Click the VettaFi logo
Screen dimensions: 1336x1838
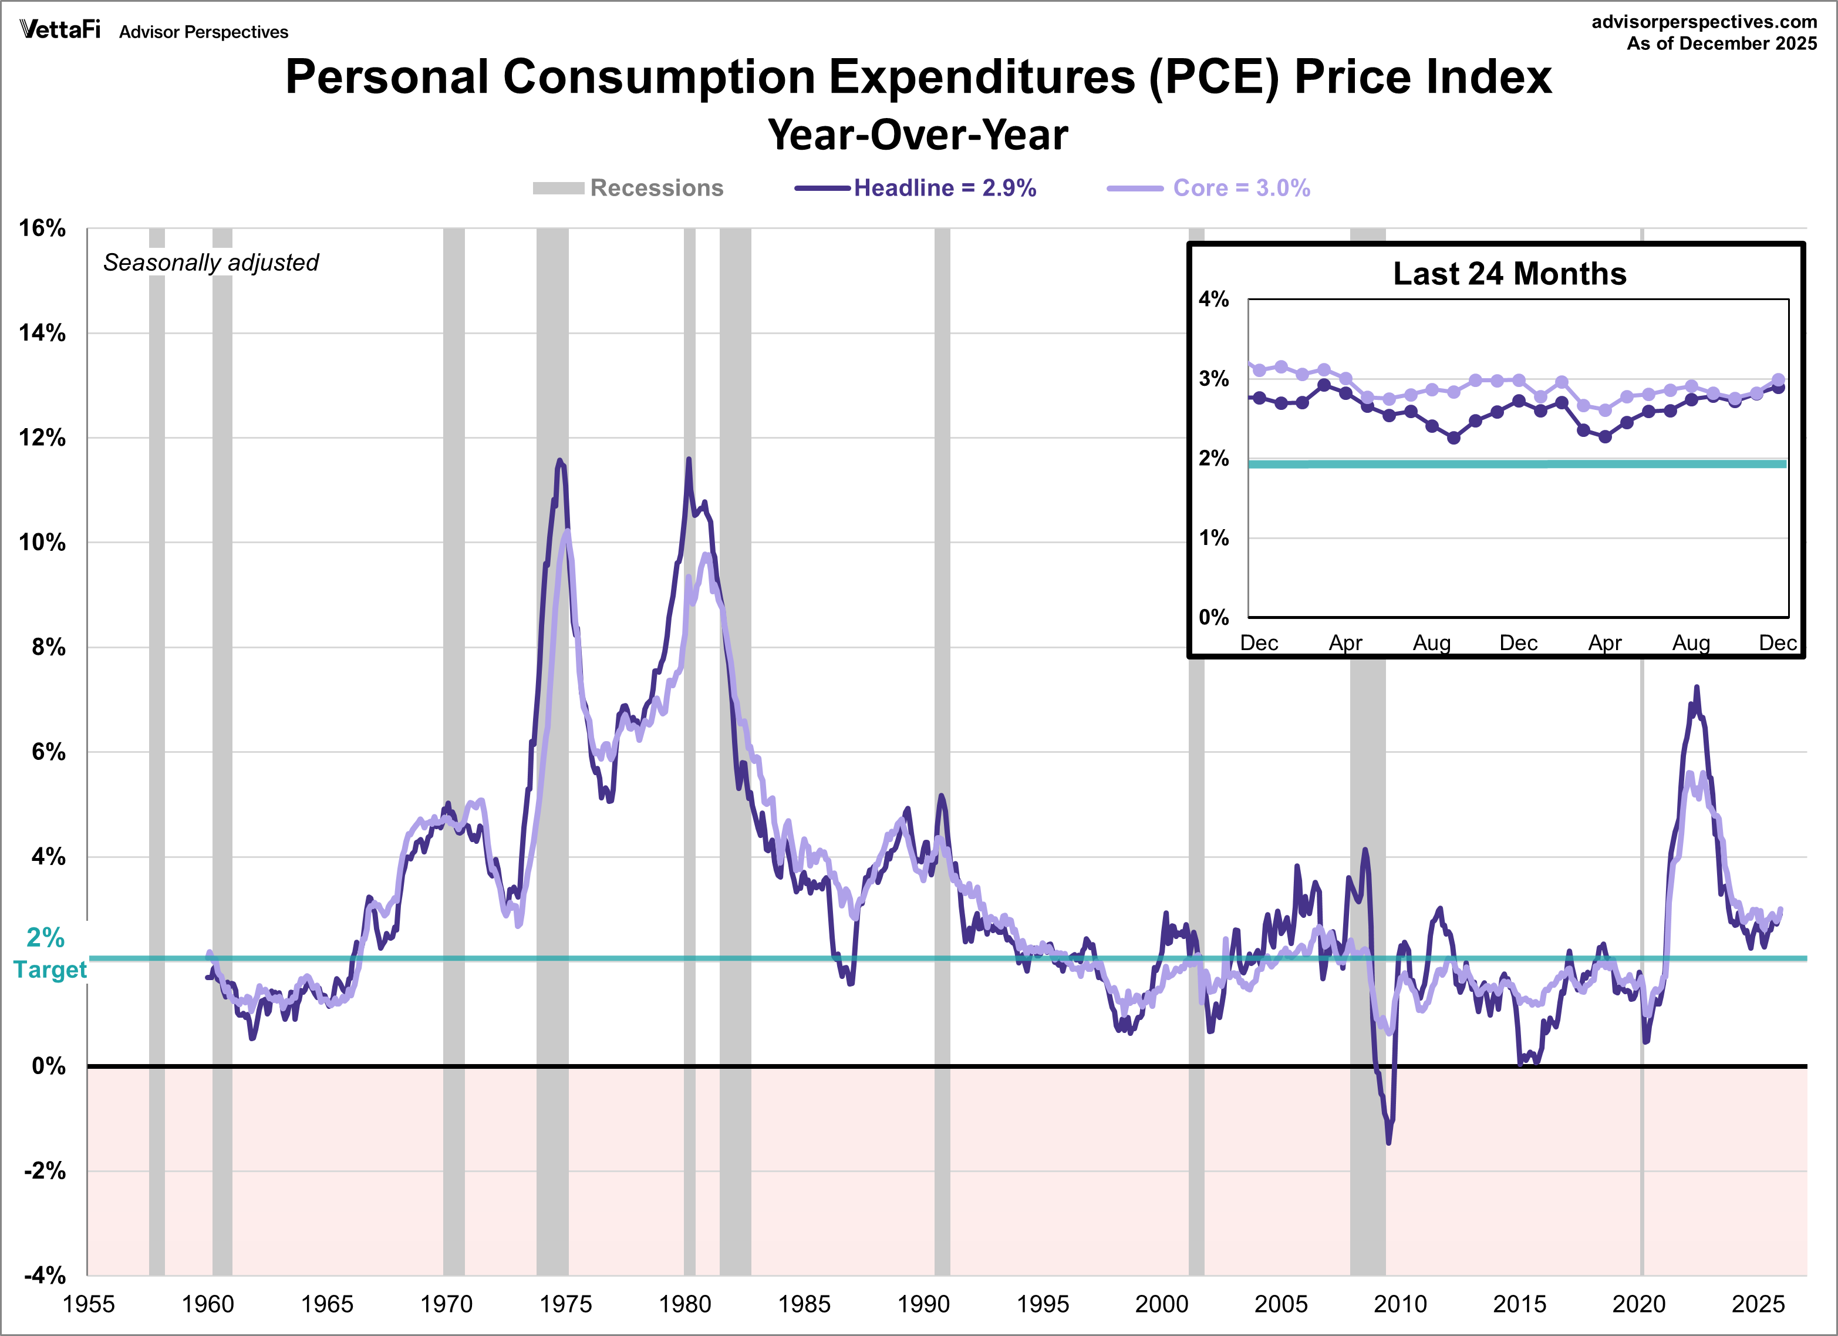60,30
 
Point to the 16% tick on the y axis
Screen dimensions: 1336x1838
42,228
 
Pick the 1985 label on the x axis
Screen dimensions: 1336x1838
804,1304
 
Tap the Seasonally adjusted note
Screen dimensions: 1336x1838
211,263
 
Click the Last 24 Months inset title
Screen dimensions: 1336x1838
1509,274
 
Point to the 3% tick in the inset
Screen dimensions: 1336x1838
1213,379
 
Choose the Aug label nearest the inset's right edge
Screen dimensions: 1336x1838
1691,643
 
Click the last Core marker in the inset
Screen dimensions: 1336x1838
1778,379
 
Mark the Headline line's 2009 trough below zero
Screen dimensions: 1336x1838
1389,1142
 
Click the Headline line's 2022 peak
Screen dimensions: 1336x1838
1696,688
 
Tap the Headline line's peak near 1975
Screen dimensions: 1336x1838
559,460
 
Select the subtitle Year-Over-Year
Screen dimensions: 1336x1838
918,134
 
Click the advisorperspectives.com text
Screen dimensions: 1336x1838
1704,22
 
